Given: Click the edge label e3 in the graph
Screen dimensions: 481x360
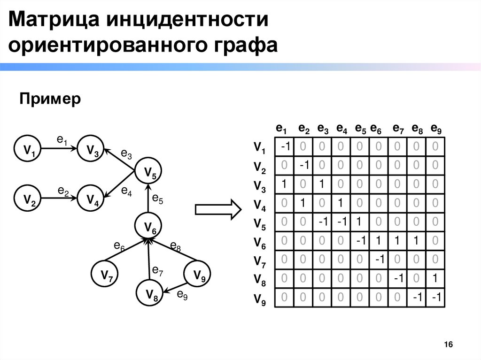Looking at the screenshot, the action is point(126,153).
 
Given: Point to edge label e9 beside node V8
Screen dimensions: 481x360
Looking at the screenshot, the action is point(182,295).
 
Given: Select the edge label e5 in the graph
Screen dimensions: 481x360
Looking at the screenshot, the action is point(157,199).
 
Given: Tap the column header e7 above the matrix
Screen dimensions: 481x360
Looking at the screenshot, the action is point(398,129).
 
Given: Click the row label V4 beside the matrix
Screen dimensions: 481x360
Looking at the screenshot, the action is point(260,205).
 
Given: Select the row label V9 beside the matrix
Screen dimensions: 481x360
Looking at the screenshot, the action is point(260,299).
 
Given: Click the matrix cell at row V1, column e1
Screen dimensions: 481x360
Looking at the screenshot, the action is point(285,147).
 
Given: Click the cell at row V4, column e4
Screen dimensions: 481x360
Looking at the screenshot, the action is point(341,203).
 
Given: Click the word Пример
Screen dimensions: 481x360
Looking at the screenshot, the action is point(50,99).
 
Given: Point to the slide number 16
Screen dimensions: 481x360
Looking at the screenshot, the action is point(448,345).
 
